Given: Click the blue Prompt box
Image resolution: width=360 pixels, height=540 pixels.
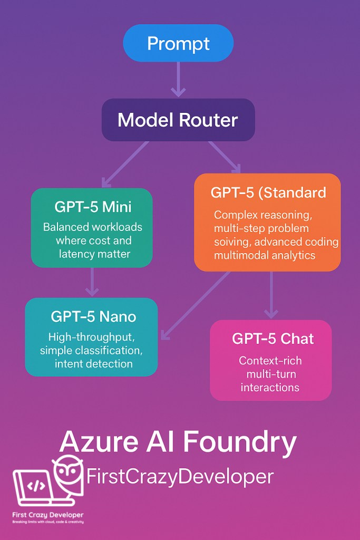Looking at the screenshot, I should coord(178,43).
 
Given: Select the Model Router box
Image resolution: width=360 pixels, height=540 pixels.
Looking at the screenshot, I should coord(178,120).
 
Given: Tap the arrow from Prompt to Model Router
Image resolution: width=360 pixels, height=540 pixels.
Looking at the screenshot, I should coord(178,79).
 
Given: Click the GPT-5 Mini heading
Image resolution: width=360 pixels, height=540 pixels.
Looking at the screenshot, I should coord(92,206).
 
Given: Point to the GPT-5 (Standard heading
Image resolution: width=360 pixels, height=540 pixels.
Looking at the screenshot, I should coord(268,192).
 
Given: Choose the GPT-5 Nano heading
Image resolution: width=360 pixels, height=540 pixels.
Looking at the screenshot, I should coord(93,316).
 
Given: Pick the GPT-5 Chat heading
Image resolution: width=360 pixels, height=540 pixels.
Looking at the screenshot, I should coord(271,339).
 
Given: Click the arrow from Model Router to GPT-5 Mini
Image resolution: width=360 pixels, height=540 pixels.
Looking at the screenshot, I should coord(125,163).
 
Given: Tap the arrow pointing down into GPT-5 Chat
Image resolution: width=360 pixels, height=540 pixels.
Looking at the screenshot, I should coord(271,295).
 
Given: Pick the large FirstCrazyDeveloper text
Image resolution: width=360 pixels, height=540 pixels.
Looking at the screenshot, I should coord(180,477).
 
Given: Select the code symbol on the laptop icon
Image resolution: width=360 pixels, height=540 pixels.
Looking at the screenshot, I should coord(35,485).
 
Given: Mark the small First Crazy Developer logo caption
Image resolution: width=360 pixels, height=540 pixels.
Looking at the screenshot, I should coord(47,515).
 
